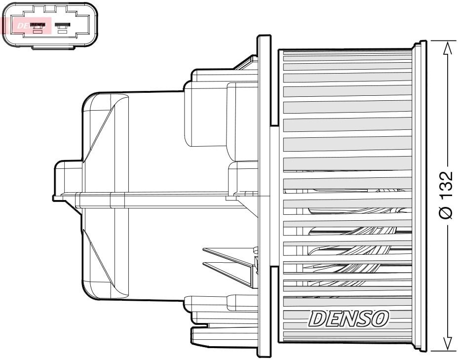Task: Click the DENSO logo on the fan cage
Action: tap(348, 319)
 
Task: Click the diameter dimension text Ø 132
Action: tap(446, 195)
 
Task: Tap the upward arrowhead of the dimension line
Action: tap(447, 48)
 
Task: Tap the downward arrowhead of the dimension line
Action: tap(447, 343)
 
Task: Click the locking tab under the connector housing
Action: tap(50, 45)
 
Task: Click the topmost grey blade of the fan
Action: tap(347, 58)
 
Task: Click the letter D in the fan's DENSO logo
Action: tap(316, 319)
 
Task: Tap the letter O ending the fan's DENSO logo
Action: tap(380, 319)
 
